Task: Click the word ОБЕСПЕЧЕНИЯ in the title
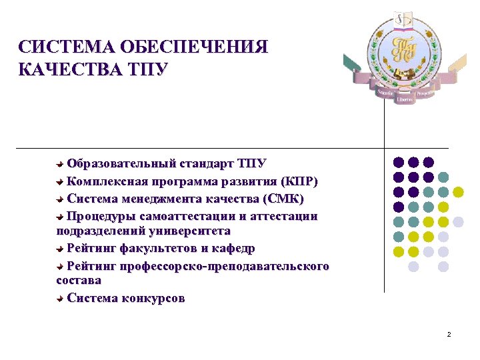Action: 193,48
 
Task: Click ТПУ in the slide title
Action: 141,69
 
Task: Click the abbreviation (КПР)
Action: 299,181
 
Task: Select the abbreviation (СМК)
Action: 283,199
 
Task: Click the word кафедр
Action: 233,249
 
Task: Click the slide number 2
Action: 449,334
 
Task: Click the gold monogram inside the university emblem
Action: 403,49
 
